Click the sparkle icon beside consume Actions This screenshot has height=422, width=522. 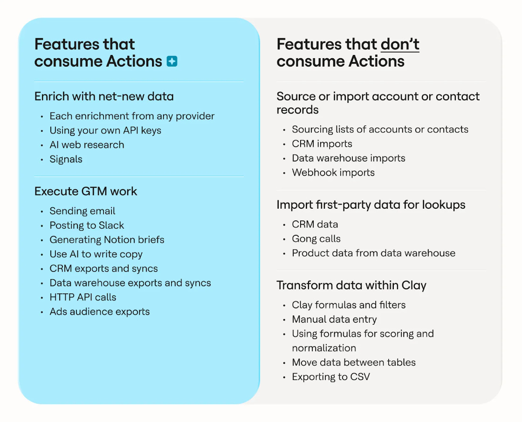click(172, 61)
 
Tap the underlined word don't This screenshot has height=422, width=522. click(400, 45)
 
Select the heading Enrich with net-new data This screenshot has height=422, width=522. click(104, 96)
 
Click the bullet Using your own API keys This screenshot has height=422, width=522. click(105, 130)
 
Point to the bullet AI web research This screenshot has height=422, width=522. click(87, 145)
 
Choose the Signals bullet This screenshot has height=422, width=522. click(66, 159)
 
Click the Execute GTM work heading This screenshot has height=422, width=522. click(86, 191)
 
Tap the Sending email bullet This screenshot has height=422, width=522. click(82, 211)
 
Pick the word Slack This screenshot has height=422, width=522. click(111, 225)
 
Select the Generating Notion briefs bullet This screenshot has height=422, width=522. click(107, 240)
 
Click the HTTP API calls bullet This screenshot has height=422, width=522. click(83, 297)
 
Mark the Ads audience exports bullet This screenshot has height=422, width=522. click(100, 312)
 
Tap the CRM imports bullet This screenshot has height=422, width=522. click(322, 144)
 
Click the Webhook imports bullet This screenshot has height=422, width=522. click(333, 173)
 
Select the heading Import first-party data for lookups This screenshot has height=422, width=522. click(371, 205)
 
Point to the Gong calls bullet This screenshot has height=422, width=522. click(316, 239)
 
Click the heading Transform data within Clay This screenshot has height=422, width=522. click(351, 286)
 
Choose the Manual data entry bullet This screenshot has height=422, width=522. click(334, 320)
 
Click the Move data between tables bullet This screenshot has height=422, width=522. click(354, 362)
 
